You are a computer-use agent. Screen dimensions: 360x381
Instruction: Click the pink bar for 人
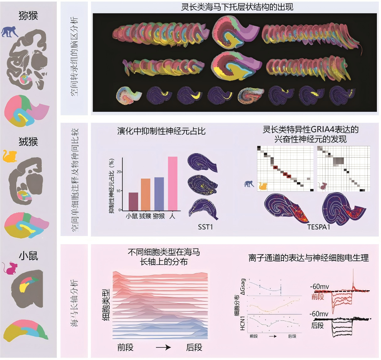(173, 183)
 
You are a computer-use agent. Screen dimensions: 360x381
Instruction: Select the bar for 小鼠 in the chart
(133, 201)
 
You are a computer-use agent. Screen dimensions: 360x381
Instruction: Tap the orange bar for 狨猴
(145, 194)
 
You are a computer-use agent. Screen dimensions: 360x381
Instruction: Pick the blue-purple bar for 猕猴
(159, 194)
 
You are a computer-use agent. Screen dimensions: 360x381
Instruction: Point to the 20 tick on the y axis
(118, 172)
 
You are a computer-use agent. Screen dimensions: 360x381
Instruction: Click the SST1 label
(205, 227)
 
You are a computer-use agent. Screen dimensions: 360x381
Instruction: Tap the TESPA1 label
(319, 227)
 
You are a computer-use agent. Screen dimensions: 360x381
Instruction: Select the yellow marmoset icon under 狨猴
(9, 156)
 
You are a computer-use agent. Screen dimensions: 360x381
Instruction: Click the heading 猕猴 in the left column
(28, 15)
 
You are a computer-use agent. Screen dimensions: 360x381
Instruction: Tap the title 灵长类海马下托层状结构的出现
(237, 7)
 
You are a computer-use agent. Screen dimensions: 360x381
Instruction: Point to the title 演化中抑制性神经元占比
(161, 131)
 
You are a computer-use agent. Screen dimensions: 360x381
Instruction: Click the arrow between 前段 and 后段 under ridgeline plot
(164, 347)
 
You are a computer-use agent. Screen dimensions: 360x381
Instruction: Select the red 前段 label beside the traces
(318, 297)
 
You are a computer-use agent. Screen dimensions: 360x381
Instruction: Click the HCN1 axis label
(243, 323)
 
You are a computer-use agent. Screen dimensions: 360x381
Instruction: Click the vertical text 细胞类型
(106, 305)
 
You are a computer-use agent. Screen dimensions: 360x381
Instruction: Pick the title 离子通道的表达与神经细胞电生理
(309, 258)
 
